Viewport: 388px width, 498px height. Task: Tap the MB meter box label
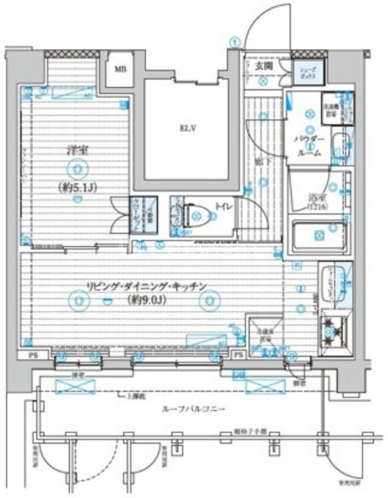coord(120,68)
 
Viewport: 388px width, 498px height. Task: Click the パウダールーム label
coord(309,145)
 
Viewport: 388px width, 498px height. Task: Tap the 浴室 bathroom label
coord(318,200)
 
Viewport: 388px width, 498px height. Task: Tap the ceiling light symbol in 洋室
coord(76,167)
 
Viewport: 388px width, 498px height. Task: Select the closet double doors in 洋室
coord(117,214)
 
